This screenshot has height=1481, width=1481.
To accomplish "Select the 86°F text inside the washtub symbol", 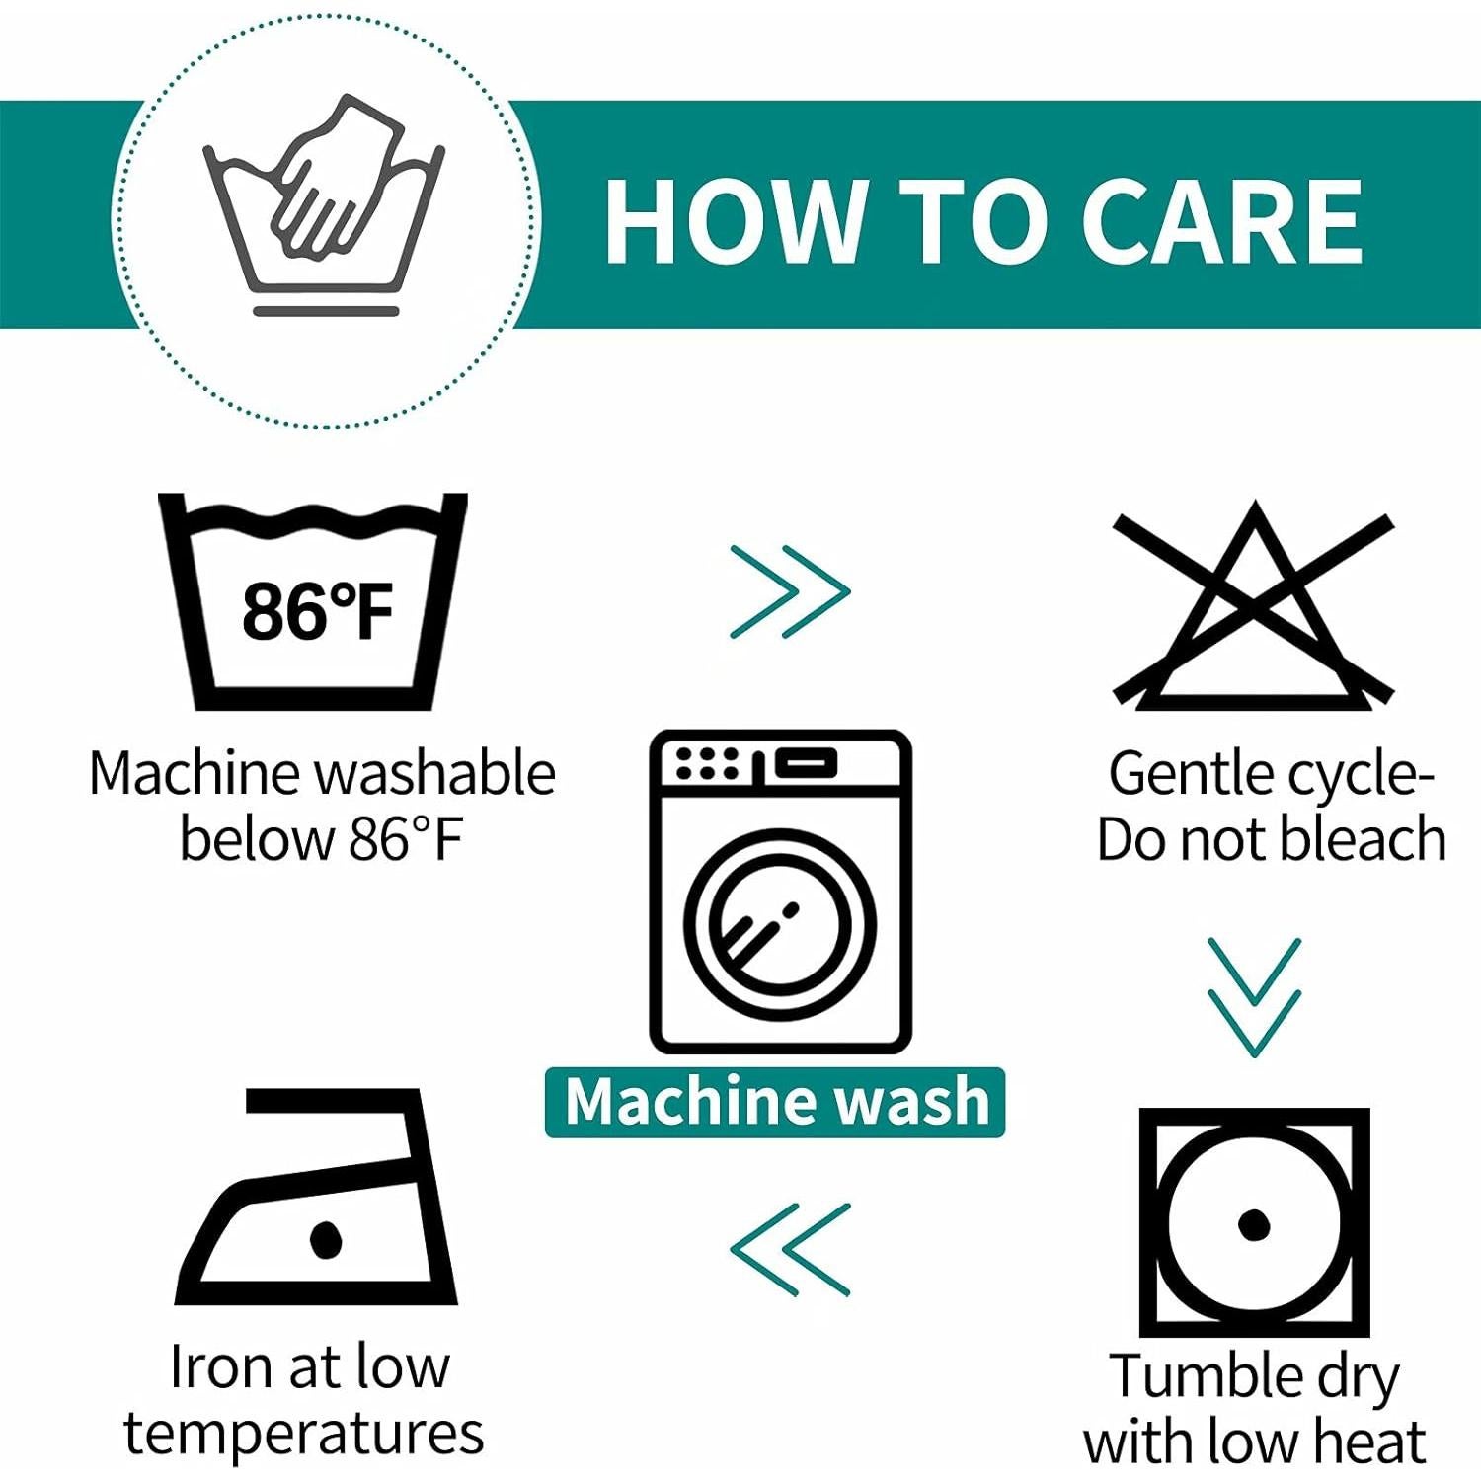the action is (318, 610).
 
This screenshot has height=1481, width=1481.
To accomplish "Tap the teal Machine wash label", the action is (775, 1102).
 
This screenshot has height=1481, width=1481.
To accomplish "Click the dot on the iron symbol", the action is (325, 1239).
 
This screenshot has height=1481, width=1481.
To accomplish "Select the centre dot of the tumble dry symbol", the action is (1254, 1224).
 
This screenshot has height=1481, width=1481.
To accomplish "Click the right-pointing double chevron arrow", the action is (790, 591).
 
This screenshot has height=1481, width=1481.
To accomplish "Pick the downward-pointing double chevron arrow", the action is (1254, 997).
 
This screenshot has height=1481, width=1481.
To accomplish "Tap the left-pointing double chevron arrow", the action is (790, 1249).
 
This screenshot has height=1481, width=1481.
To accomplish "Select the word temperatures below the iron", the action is (304, 1434).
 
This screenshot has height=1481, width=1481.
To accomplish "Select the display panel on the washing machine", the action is (805, 762).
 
